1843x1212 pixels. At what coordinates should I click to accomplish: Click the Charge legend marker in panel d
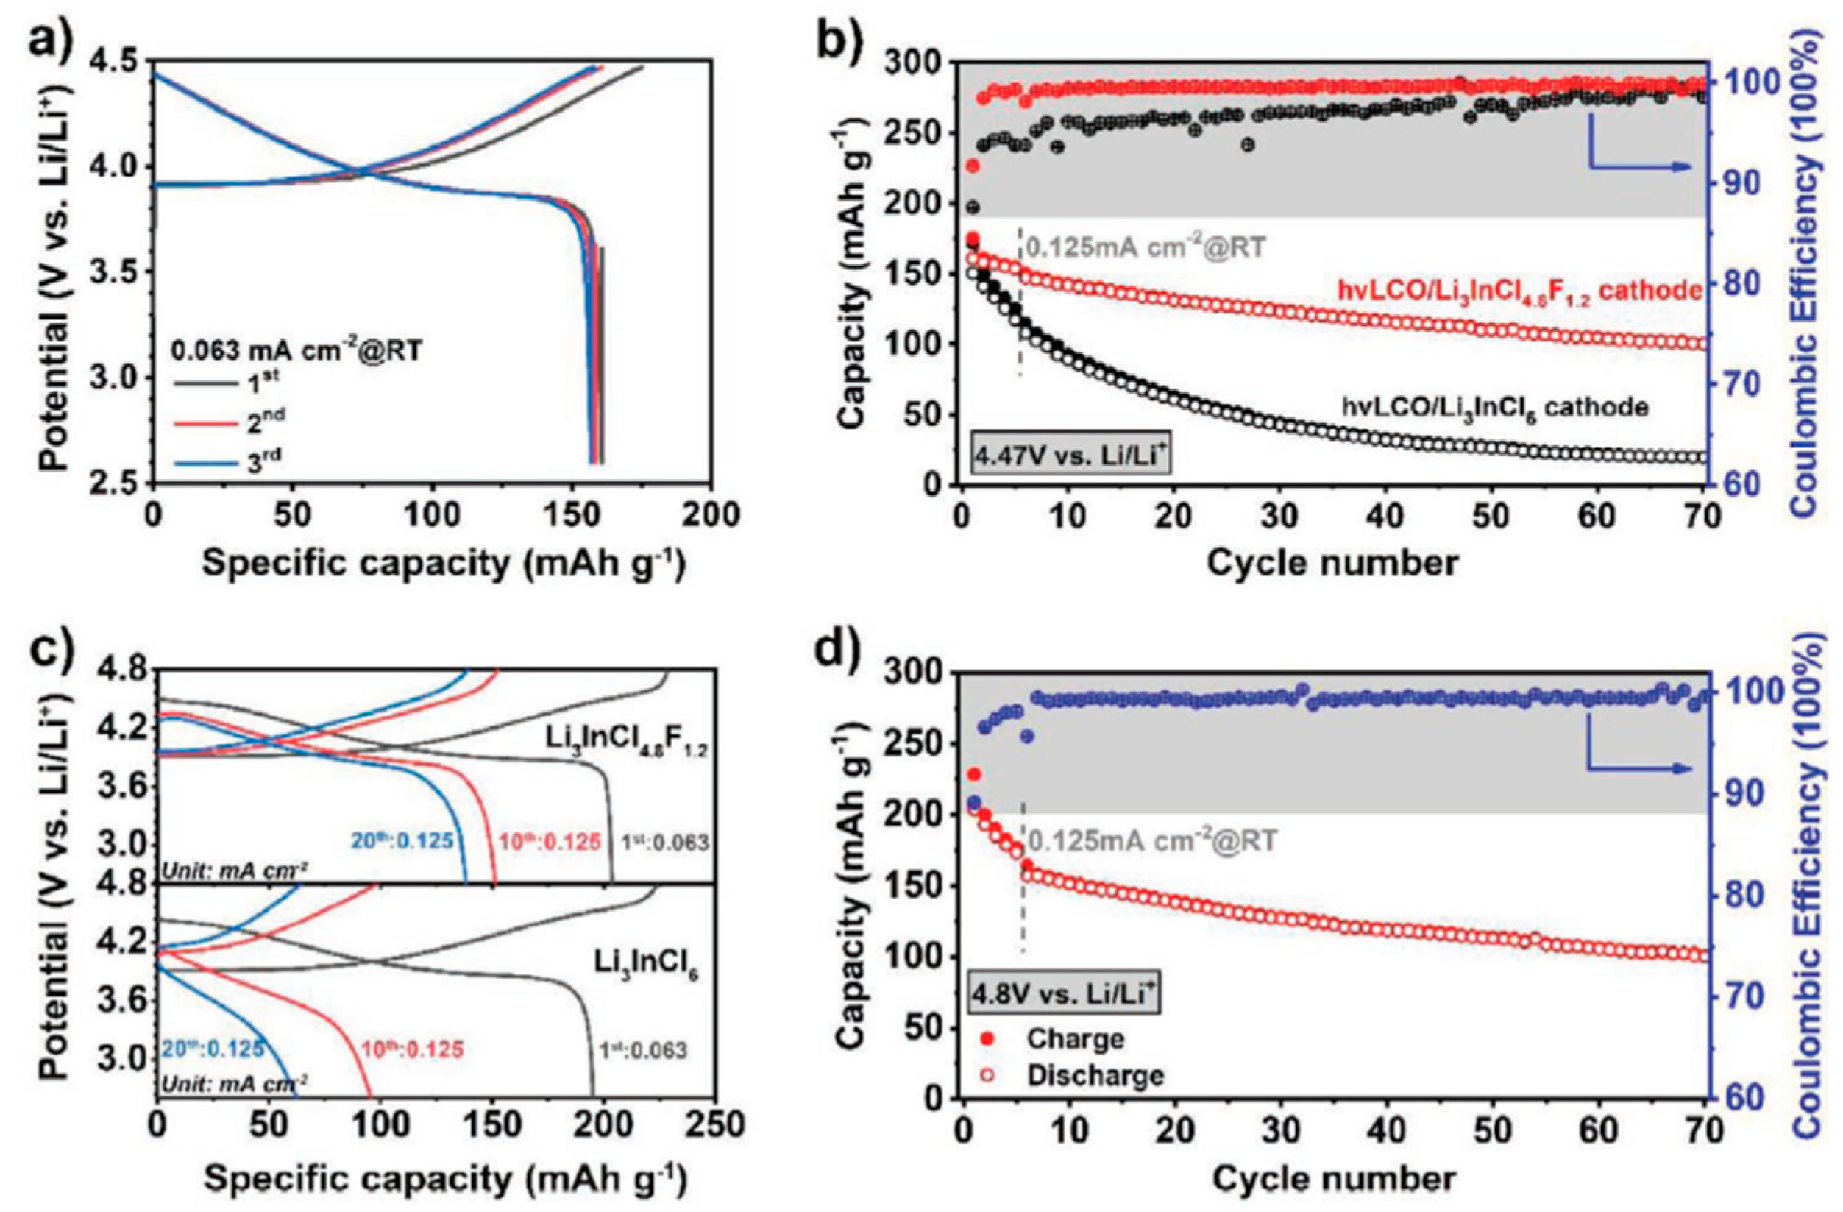click(986, 1038)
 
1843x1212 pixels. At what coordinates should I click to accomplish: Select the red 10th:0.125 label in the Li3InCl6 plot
click(413, 1049)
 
